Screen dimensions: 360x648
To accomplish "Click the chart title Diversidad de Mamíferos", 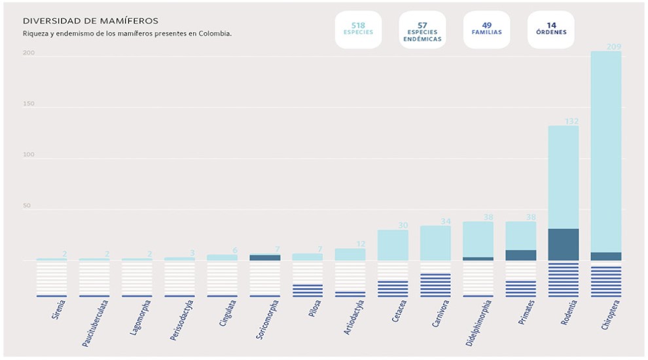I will tap(90, 21).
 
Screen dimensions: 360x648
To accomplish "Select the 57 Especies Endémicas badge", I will tap(422, 30).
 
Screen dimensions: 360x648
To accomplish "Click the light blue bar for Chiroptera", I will tap(605, 151).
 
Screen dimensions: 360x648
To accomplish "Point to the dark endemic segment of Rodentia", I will tap(563, 244).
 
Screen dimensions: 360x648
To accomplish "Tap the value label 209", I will tap(613, 46).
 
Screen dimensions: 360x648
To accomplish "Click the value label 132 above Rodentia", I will tap(571, 121).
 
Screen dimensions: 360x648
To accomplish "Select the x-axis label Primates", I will tap(526, 313).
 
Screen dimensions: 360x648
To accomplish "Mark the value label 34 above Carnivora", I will tap(445, 221).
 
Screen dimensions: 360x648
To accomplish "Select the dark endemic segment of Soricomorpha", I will tap(264, 257).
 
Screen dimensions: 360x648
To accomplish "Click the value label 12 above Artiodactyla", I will tap(359, 244).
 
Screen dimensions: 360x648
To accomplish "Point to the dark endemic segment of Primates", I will tap(520, 255).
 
